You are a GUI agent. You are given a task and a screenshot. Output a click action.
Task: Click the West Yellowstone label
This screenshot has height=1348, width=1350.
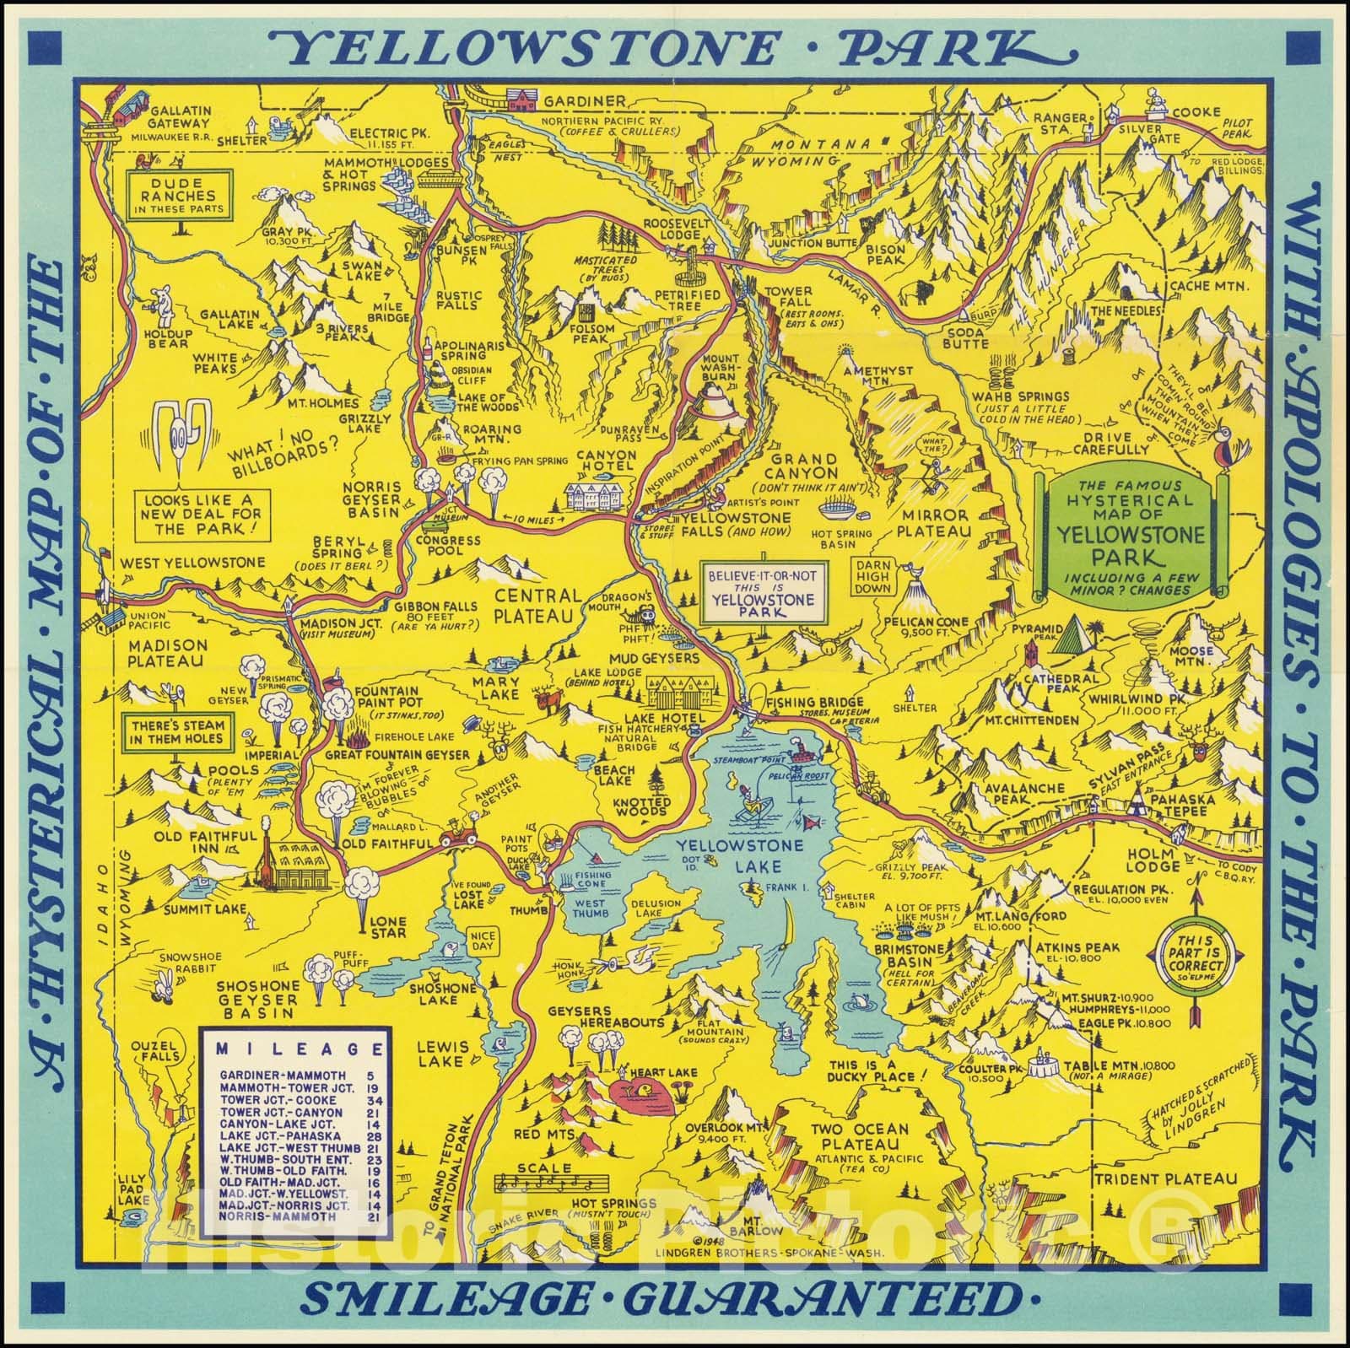point(192,563)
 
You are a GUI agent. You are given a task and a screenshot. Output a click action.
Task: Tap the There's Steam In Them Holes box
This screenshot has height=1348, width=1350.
point(175,732)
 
